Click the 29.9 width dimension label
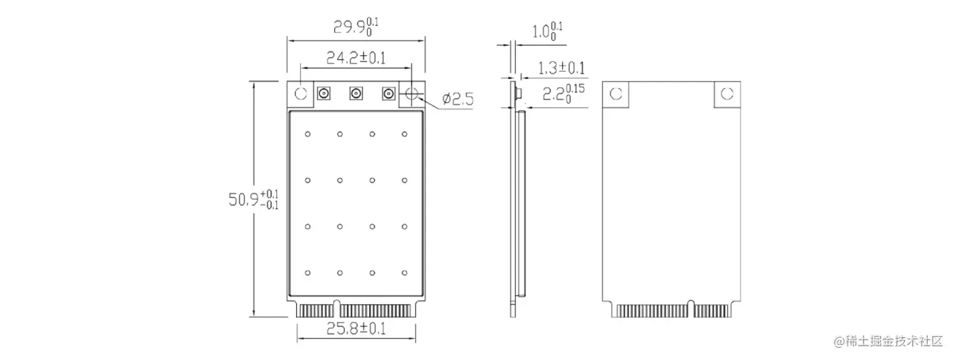[355, 27]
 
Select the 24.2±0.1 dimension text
[355, 58]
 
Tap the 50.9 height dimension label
[253, 200]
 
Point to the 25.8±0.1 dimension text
[355, 329]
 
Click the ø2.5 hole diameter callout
[458, 100]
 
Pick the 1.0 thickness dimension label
[546, 31]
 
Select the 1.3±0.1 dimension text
[561, 67]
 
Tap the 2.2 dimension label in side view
[561, 93]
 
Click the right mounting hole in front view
[411, 94]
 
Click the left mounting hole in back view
[616, 94]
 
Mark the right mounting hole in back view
[726, 94]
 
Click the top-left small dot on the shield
[308, 134]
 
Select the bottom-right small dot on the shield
[405, 273]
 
